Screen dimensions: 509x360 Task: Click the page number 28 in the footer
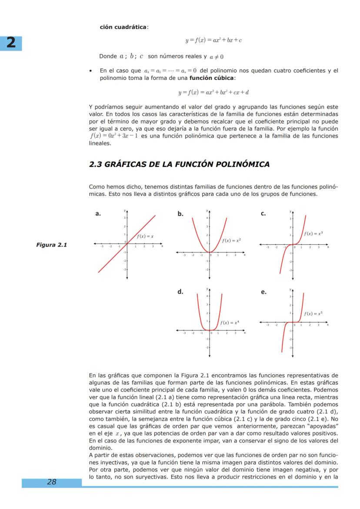52,482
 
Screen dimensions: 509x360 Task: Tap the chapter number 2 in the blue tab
11,43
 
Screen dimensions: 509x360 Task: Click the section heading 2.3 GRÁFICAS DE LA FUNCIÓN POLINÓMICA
179,164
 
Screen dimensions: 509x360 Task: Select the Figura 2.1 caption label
51,245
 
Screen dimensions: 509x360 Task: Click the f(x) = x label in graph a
145,236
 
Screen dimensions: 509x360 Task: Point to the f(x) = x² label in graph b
231,240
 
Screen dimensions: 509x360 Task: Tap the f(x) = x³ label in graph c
313,233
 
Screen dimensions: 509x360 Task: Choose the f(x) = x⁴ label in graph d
230,323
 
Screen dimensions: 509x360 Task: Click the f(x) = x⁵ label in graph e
313,313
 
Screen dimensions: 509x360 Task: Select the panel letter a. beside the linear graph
98,213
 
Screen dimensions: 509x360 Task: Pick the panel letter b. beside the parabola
180,213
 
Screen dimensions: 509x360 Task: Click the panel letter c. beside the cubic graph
263,213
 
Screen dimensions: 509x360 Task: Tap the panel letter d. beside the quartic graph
180,292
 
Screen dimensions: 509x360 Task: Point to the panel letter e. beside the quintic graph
263,292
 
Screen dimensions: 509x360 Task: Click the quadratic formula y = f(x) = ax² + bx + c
213,40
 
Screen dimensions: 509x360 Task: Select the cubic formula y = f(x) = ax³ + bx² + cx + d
213,92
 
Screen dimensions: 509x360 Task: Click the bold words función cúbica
211,78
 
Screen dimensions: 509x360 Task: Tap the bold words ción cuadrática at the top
123,27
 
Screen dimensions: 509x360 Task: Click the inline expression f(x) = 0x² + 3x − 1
114,136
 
